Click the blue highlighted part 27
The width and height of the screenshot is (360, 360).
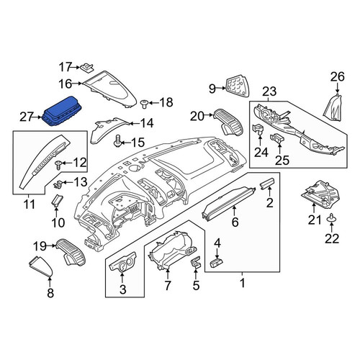pos(63,111)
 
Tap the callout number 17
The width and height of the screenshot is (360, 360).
pos(66,67)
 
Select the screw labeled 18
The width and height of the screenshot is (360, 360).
pos(143,104)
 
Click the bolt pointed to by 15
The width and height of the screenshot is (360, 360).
pos(117,141)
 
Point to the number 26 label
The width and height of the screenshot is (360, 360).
pos(338,77)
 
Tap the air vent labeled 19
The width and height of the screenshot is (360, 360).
pos(71,252)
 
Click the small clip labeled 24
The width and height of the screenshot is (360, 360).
pos(258,130)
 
